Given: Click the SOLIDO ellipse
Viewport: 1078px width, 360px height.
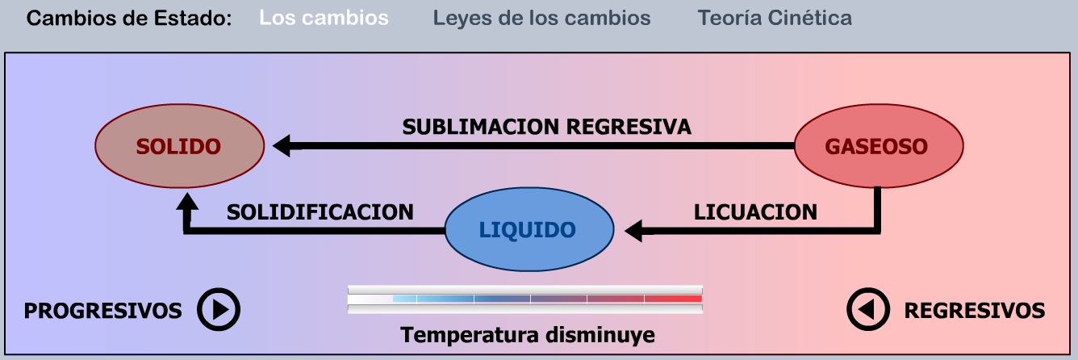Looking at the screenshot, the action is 178,146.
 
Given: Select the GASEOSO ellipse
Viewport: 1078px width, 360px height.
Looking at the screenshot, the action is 878,146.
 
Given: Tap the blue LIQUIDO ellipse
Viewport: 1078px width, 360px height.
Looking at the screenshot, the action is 528,230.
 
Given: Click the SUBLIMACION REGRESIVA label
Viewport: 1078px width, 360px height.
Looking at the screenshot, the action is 546,127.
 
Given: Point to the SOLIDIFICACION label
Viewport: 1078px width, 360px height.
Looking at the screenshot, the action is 320,211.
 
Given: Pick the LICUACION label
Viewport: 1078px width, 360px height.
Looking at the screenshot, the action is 755,211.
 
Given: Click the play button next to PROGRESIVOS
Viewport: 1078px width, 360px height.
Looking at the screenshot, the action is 219,310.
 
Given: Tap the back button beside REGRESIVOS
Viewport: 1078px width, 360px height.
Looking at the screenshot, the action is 867,310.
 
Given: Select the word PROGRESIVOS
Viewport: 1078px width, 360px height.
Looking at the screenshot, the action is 102,311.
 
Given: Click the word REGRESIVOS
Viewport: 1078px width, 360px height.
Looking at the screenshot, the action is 974,311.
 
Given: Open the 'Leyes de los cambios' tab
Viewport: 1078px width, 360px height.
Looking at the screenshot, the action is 541,18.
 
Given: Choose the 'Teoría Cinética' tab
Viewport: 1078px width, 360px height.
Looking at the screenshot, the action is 775,18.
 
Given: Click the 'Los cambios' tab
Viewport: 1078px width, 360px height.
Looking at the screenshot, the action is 324,18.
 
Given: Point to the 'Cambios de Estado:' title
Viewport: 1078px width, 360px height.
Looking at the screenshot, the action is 129,18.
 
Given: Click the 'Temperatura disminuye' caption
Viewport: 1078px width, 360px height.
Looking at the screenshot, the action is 528,335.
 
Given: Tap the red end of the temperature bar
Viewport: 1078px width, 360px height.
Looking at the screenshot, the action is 686,299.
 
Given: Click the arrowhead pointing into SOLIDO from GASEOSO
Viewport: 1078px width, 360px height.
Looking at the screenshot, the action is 282,146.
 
